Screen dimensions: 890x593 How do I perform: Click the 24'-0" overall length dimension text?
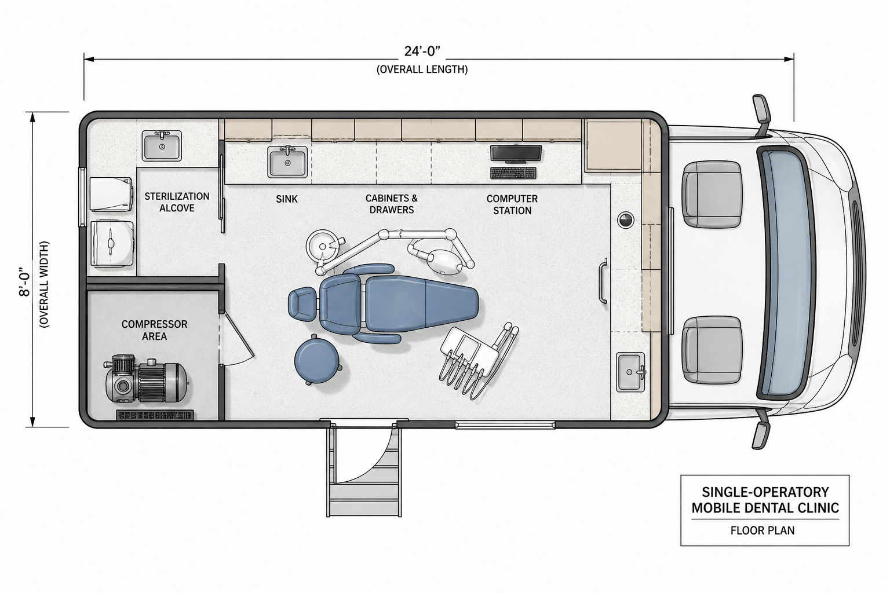422,52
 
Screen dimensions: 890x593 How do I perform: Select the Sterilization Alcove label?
177,202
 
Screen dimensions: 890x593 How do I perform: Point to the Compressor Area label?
154,330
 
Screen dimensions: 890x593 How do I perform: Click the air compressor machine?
146,378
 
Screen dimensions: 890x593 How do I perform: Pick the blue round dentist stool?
317,360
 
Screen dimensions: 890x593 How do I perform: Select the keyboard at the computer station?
513,173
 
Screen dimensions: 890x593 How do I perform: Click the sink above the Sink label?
287,162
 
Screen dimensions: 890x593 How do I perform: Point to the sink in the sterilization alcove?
162,146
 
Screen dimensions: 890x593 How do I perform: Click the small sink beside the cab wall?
630,372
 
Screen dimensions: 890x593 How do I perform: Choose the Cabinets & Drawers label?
391,204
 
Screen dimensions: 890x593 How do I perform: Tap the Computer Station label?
512,204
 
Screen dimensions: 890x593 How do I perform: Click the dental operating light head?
445,261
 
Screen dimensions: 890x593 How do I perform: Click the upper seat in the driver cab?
712,194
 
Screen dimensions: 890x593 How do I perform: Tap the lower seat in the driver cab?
712,350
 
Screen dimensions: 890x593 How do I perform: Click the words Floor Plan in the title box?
763,530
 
